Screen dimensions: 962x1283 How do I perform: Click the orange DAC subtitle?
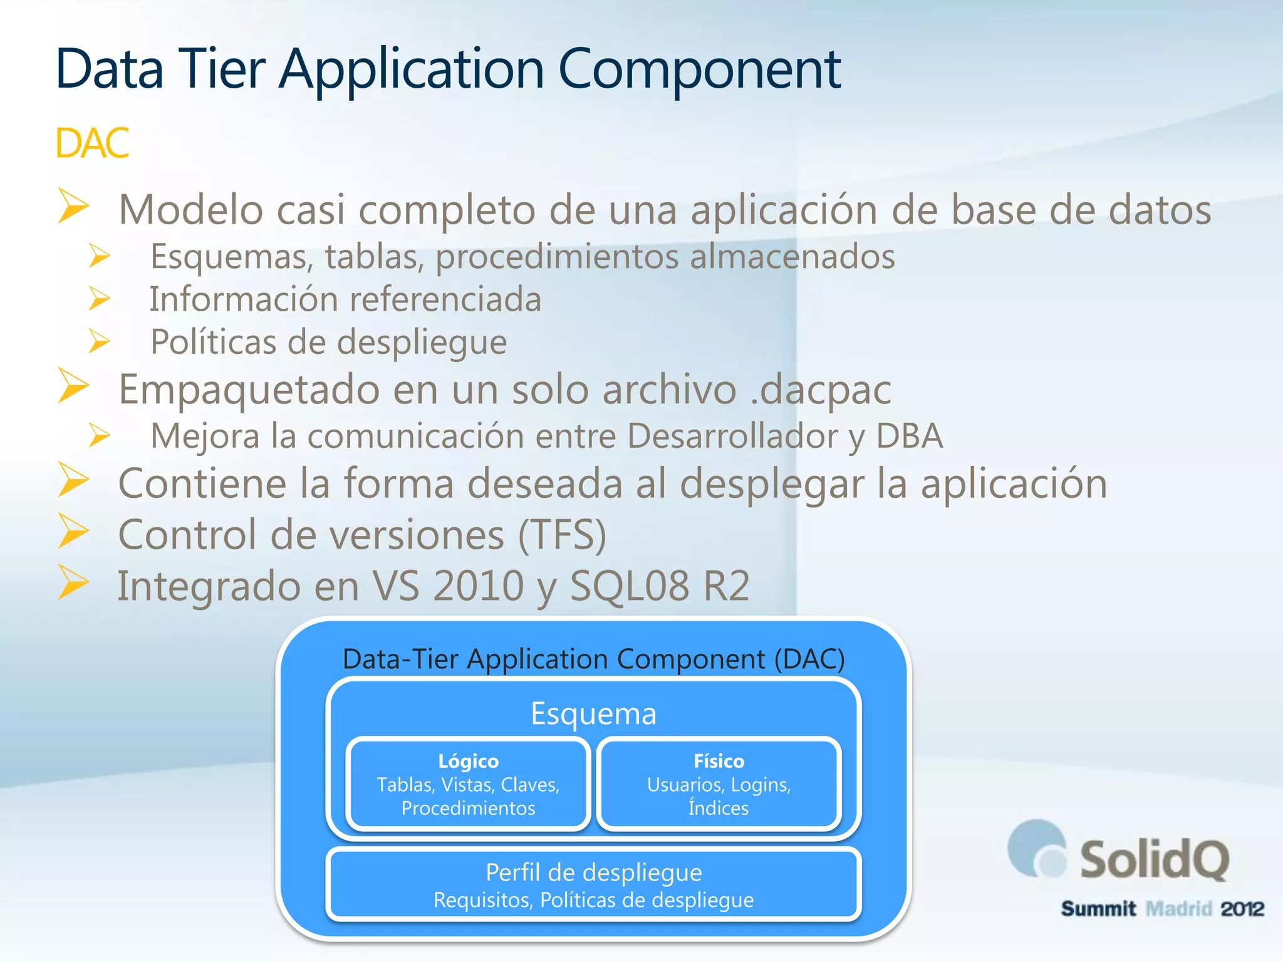click(x=92, y=143)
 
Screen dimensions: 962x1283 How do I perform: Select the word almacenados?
click(x=792, y=257)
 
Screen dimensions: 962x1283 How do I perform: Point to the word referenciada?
click(x=441, y=299)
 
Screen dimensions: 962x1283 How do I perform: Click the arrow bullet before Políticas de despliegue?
click(x=100, y=341)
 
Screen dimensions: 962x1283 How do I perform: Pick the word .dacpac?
click(x=821, y=390)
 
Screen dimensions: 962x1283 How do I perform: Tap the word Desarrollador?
click(x=732, y=437)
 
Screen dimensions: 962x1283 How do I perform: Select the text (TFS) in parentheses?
click(x=562, y=535)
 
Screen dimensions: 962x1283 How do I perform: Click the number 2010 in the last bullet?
click(x=479, y=586)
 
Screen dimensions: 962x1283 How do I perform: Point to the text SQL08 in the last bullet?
click(x=629, y=586)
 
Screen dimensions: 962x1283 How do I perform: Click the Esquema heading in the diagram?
click(x=593, y=713)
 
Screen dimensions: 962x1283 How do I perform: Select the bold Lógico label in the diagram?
click(x=468, y=761)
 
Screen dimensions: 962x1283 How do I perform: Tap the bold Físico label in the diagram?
click(x=719, y=761)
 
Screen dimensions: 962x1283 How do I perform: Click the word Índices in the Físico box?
click(x=719, y=808)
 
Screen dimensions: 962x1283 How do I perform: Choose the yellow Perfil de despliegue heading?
click(x=593, y=872)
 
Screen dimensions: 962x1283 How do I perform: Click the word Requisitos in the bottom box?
click(x=482, y=901)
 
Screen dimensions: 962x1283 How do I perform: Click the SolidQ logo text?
click(x=1153, y=860)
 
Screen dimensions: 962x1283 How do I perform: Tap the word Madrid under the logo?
click(x=1178, y=909)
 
